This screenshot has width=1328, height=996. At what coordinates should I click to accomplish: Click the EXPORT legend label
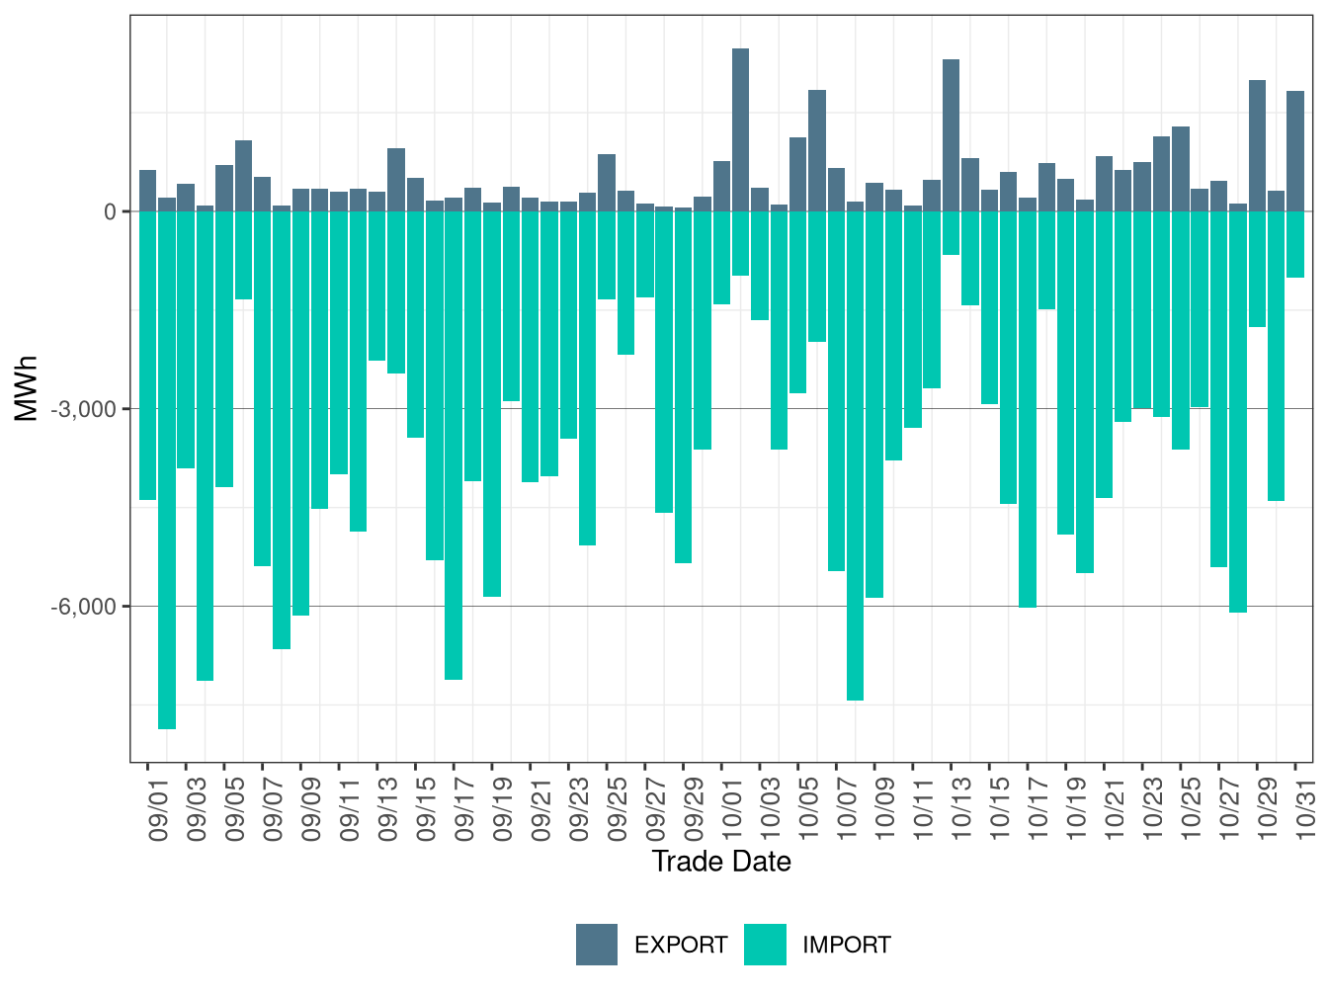click(680, 946)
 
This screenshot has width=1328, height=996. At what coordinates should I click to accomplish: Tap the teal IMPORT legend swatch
click(765, 945)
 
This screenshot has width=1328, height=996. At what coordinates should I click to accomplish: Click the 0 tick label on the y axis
click(111, 211)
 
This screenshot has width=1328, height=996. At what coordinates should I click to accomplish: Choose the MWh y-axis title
click(27, 388)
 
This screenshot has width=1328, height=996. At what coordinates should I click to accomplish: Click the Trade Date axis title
click(721, 862)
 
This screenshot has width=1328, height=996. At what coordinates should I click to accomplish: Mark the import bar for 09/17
click(454, 445)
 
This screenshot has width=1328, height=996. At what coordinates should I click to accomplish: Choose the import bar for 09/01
click(147, 356)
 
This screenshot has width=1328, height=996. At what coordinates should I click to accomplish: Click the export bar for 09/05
click(224, 189)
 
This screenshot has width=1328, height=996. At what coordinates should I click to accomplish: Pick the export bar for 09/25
click(607, 183)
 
